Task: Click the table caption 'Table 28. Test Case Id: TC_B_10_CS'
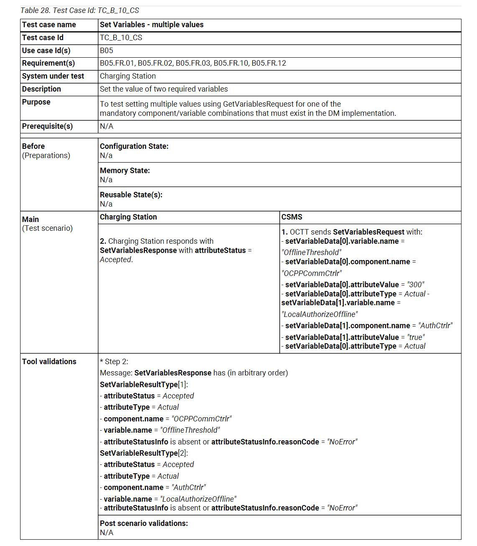pyautogui.click(x=79, y=10)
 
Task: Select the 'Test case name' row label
pyautogui.click(x=49, y=25)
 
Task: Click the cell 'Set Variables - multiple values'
pyautogui.click(x=151, y=25)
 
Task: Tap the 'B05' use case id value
pyautogui.click(x=106, y=51)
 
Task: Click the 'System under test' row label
pyautogui.click(x=53, y=76)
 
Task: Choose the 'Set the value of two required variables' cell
pyautogui.click(x=163, y=89)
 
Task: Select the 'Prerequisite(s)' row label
pyautogui.click(x=47, y=126)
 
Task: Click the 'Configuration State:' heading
pyautogui.click(x=134, y=146)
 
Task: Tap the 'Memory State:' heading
pyautogui.click(x=125, y=171)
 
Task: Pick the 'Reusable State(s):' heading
pyautogui.click(x=131, y=195)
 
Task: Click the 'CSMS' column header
pyautogui.click(x=291, y=217)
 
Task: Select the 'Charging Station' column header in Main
pyautogui.click(x=128, y=217)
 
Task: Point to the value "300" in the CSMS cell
pyautogui.click(x=416, y=285)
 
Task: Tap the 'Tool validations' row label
pyautogui.click(x=49, y=362)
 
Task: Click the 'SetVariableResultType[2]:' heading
pyautogui.click(x=144, y=453)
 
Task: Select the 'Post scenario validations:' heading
pyautogui.click(x=144, y=523)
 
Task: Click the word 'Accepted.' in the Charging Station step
pyautogui.click(x=116, y=260)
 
